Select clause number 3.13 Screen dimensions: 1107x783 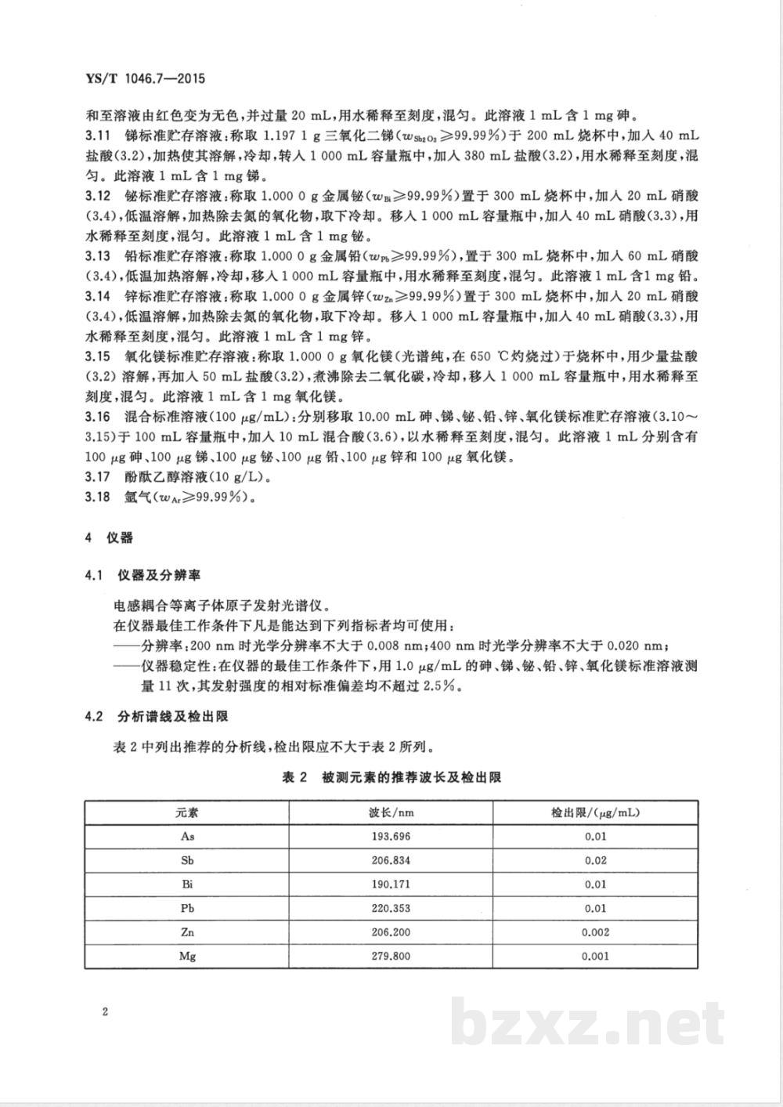tap(98, 256)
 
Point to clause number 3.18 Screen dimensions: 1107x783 tap(98, 496)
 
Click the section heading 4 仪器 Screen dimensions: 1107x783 tap(110, 537)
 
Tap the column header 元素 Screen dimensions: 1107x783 tap(187, 812)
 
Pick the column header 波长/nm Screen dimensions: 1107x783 tap(391, 812)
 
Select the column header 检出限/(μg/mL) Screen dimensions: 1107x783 tap(594, 812)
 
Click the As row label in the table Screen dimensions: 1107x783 tap(187, 836)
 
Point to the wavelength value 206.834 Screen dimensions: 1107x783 tap(391, 860)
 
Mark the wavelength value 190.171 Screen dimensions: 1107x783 tap(391, 884)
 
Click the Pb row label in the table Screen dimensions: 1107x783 tap(187, 908)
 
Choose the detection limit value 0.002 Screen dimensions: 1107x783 tap(594, 932)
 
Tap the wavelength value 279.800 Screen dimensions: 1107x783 tap(391, 956)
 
